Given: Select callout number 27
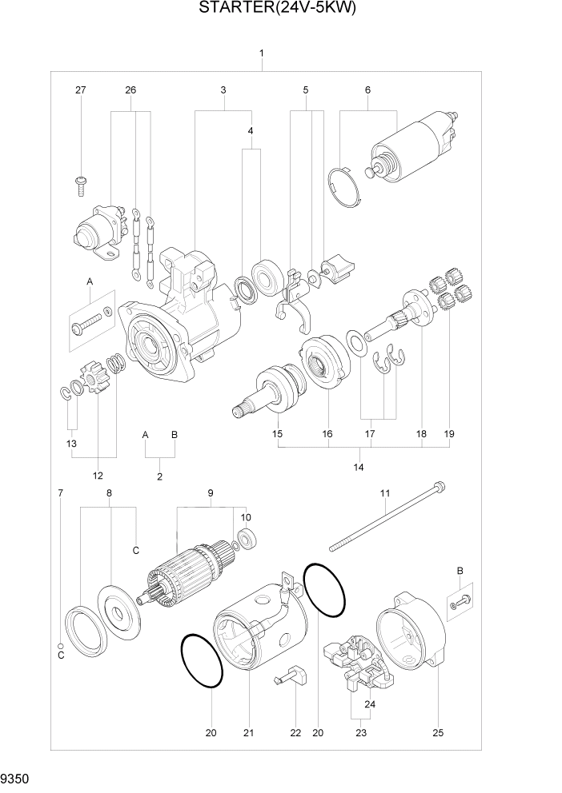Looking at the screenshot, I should pyautogui.click(x=80, y=90).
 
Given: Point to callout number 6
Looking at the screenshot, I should pyautogui.click(x=367, y=90).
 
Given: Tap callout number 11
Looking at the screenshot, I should pyautogui.click(x=385, y=494).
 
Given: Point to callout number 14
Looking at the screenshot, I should pyautogui.click(x=358, y=467).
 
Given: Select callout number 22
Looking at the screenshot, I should pyautogui.click(x=295, y=732).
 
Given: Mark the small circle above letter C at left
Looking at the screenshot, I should pyautogui.click(x=60, y=645).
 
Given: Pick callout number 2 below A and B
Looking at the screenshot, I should pyautogui.click(x=159, y=476).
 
